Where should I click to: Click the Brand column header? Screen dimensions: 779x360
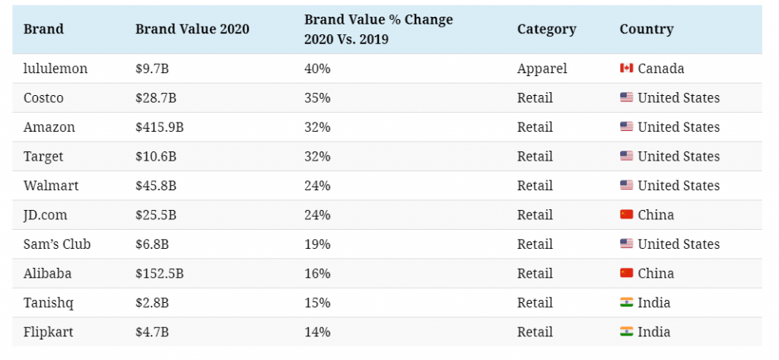pos(43,29)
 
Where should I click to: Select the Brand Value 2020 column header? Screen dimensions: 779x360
pos(192,29)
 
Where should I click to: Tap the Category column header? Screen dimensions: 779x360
pos(546,30)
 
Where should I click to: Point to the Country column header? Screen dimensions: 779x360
pos(647,30)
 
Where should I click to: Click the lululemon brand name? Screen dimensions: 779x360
pos(55,68)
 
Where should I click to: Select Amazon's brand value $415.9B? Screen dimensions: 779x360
pos(160,127)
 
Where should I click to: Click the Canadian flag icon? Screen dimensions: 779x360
pos(627,68)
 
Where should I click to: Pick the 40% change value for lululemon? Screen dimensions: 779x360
pos(317,68)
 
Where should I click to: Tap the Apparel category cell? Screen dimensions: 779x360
pos(542,68)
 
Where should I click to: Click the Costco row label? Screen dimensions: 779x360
pos(43,97)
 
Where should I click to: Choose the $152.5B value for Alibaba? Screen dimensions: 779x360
pos(160,273)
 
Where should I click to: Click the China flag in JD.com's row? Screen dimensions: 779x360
pos(627,215)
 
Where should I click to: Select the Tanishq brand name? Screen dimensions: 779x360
pos(48,303)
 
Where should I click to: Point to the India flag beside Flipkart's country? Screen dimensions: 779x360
pos(627,332)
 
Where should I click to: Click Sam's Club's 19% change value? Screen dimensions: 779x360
pos(317,244)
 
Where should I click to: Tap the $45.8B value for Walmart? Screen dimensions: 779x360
pos(155,186)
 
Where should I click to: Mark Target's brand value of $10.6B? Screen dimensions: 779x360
pos(155,156)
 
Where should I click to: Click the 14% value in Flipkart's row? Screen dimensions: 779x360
pos(317,332)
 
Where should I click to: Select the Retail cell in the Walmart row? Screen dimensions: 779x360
pos(535,186)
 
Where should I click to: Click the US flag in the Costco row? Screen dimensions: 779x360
pos(627,97)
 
